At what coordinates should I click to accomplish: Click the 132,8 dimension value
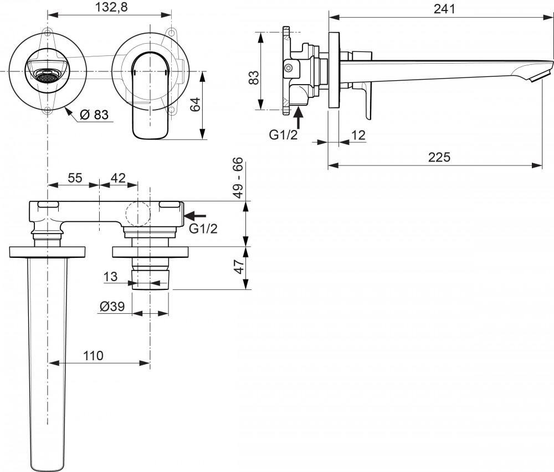tap(109, 8)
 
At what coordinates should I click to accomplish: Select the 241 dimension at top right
tap(444, 8)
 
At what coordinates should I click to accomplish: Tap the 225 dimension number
tap(439, 157)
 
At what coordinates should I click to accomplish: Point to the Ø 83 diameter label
tap(94, 115)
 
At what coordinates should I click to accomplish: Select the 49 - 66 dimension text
tap(238, 177)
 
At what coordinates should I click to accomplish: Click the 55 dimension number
tap(75, 178)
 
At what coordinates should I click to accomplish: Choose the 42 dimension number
tap(118, 178)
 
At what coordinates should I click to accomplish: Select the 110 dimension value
tap(93, 356)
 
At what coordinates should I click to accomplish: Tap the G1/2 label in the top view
tap(203, 228)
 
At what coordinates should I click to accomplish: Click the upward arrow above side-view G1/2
tap(299, 117)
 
